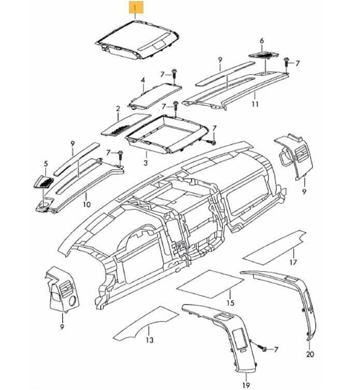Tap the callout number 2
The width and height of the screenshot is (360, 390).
click(118, 109)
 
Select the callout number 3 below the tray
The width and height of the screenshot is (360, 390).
click(146, 163)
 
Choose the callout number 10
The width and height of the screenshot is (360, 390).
click(87, 204)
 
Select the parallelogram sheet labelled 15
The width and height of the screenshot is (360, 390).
click(211, 284)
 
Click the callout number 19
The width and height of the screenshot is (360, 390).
click(246, 385)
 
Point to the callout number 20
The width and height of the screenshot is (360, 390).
click(310, 354)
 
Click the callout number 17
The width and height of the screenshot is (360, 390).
click(293, 262)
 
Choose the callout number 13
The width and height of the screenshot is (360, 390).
click(150, 341)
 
